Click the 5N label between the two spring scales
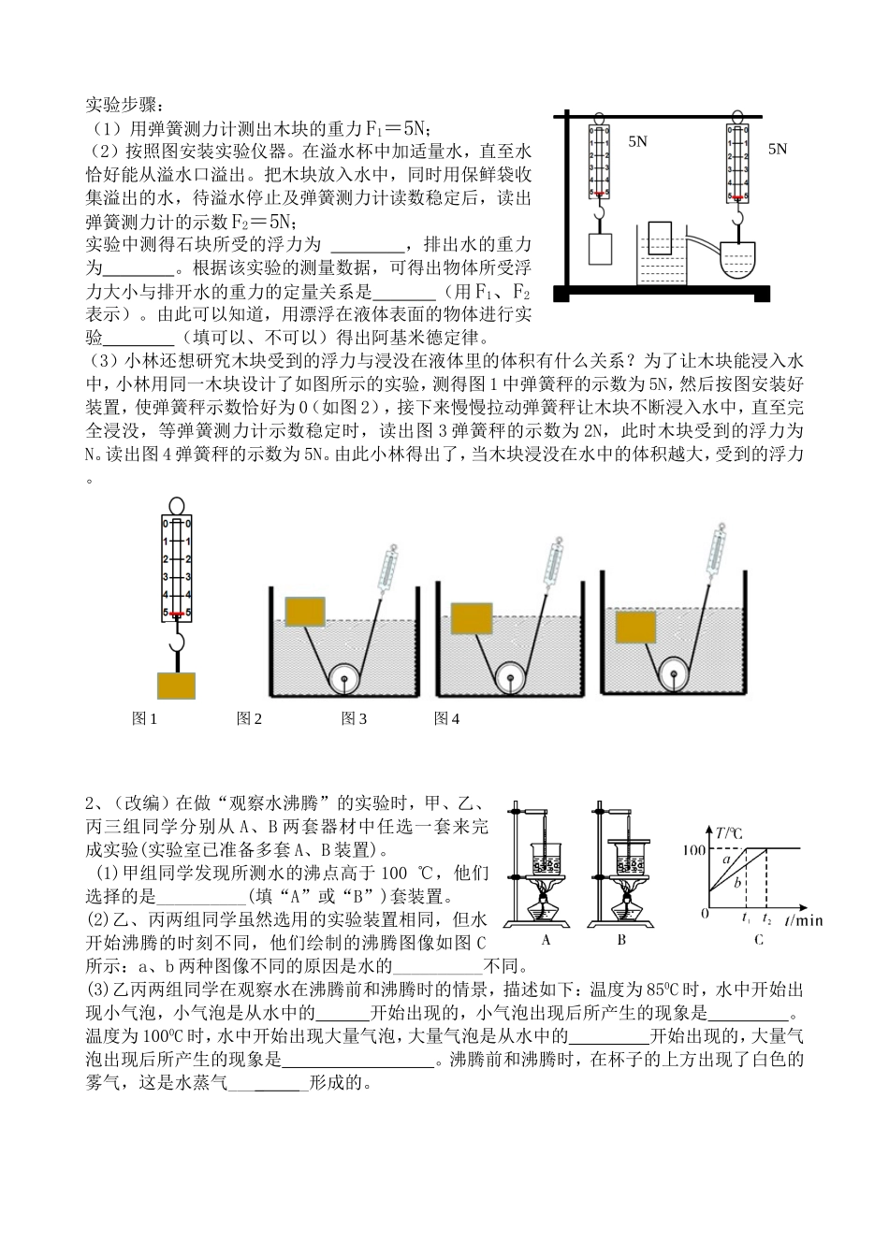pyautogui.click(x=637, y=141)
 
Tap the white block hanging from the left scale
pyautogui.click(x=599, y=250)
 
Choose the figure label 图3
pyautogui.click(x=354, y=719)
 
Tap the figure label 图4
pyautogui.click(x=446, y=719)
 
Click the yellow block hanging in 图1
pyautogui.click(x=177, y=686)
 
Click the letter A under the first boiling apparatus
pyautogui.click(x=547, y=941)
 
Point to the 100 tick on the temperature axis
pyautogui.click(x=695, y=850)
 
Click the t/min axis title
pyautogui.click(x=803, y=920)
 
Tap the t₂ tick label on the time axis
pyautogui.click(x=767, y=920)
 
